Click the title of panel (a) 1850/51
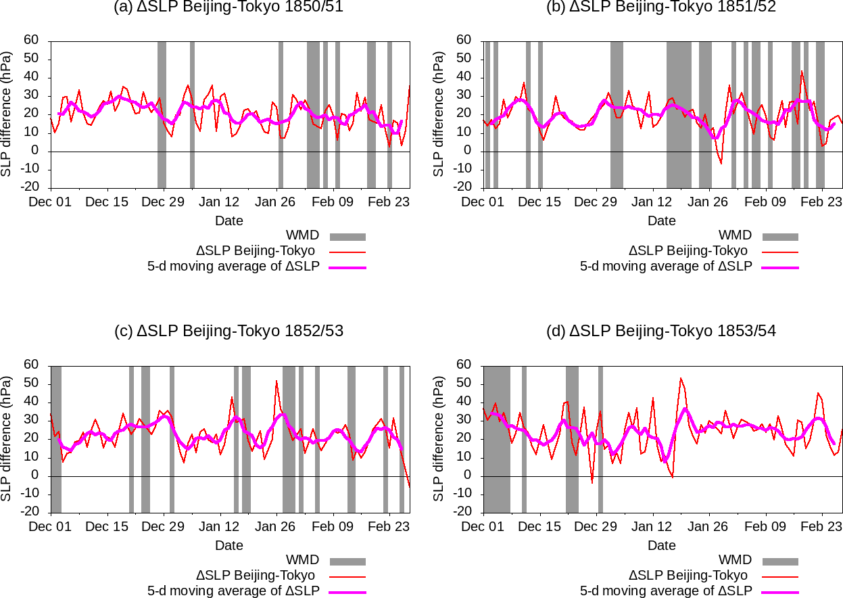(x=229, y=7)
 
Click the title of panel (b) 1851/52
(x=662, y=7)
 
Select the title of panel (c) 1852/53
(x=229, y=331)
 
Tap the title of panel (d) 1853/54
(x=662, y=331)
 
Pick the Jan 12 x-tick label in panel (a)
(x=220, y=202)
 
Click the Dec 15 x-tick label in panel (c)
(x=107, y=526)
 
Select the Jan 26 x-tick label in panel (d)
(x=709, y=526)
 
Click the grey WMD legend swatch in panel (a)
(x=347, y=237)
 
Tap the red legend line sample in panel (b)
(x=780, y=252)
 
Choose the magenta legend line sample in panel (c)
(x=347, y=593)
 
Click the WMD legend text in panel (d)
(x=735, y=560)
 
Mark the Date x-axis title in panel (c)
(x=229, y=545)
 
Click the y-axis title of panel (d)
(x=439, y=438)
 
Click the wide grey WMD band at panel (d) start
(x=497, y=438)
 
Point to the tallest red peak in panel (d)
(x=681, y=378)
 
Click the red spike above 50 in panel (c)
(x=276, y=381)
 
